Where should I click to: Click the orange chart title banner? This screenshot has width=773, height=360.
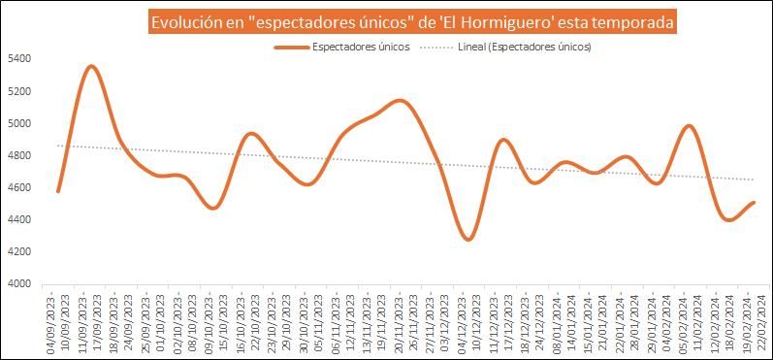click(x=412, y=20)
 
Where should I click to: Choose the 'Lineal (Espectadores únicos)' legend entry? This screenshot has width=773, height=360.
click(x=524, y=46)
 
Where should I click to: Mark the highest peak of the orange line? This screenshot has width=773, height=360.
click(x=91, y=66)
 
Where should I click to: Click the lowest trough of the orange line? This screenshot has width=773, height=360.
click(x=469, y=239)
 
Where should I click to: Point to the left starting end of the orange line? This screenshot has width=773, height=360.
click(x=58, y=191)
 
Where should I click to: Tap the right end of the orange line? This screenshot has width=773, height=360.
click(x=754, y=202)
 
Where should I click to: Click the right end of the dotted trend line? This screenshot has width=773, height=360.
click(x=754, y=180)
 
